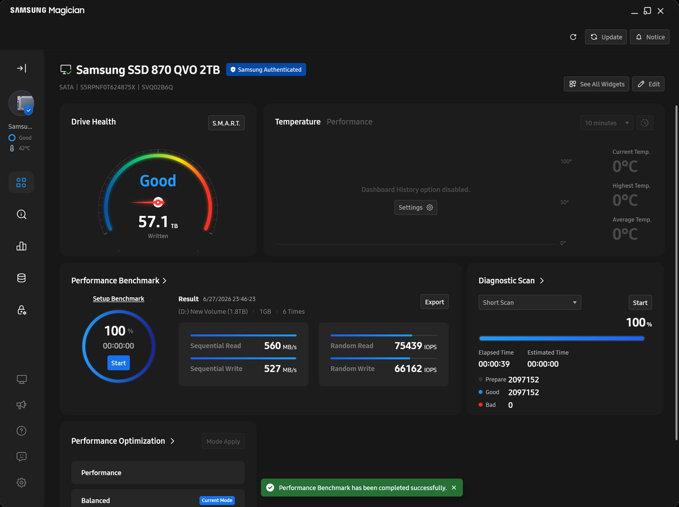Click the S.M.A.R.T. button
coord(226,123)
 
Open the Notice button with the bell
coord(649,37)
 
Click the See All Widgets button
coord(596,84)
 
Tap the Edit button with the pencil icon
coord(648,84)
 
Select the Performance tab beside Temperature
coord(349,122)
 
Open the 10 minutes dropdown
coord(607,123)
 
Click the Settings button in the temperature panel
coord(415,207)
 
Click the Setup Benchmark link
coord(118,299)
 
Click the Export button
coord(434,302)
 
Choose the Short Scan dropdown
coord(530,302)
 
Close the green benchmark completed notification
coord(454,488)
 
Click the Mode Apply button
coord(223,441)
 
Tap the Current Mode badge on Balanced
coord(217,500)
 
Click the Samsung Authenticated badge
coord(266,69)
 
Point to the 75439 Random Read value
coord(408,346)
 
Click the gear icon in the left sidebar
coord(21,482)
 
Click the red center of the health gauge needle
coord(158,202)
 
